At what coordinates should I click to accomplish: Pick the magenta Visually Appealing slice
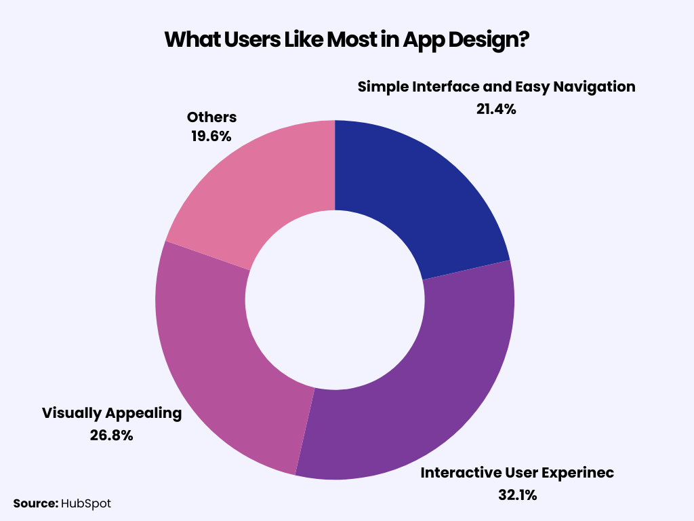217,353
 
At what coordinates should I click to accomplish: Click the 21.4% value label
496,109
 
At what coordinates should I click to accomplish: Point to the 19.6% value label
210,136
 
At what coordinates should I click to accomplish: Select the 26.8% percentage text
111,436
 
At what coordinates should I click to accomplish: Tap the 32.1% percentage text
516,495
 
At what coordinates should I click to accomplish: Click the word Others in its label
211,117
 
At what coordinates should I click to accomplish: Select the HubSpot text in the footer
86,503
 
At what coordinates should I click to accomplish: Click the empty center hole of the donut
334,301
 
